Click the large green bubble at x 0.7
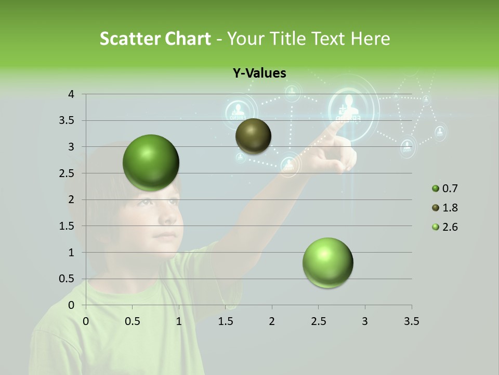tap(151, 162)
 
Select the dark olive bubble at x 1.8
tap(253, 136)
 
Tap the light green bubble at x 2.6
tap(327, 262)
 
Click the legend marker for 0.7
tap(435, 189)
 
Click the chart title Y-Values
tap(259, 73)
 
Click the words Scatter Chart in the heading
tap(155, 39)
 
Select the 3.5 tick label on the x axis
tap(411, 321)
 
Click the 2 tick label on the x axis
tap(272, 321)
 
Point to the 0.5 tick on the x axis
tap(132, 321)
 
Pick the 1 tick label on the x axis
tap(179, 321)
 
